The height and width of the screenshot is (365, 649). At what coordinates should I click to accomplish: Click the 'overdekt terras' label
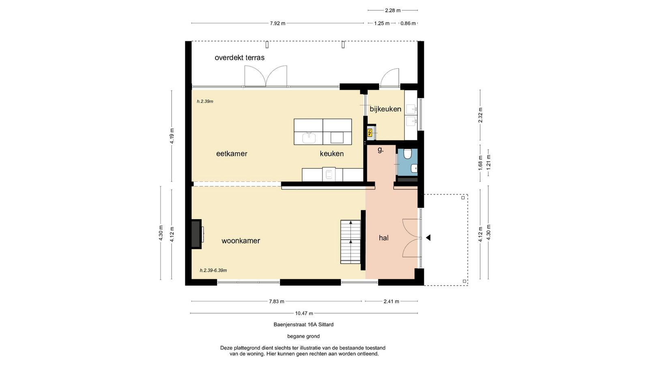pos(240,58)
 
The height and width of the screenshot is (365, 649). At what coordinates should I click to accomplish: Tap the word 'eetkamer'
pos(232,154)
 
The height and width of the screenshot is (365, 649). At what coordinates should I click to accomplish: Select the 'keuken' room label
pos(332,154)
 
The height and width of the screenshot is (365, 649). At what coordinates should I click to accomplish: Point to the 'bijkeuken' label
pos(385,109)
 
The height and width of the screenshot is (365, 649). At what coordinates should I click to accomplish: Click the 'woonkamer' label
pos(241,241)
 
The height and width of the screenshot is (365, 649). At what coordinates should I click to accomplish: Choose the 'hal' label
pos(384,238)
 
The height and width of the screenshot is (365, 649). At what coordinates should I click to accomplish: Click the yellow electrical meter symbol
pos(370,133)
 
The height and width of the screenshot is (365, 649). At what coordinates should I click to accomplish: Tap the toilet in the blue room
pos(407,154)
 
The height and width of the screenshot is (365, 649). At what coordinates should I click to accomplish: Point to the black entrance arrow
pos(428,238)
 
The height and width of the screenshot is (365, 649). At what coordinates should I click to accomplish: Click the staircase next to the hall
pos(350,242)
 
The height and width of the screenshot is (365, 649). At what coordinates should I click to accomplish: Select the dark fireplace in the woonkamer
pos(196,234)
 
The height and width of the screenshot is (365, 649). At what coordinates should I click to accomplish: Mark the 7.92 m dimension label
pos(277,23)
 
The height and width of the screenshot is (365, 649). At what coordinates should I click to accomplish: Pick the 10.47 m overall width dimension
pos(304,313)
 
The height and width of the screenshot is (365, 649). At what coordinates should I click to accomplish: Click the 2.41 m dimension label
pos(391,301)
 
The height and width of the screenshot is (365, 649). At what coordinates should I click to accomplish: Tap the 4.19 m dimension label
pos(172,136)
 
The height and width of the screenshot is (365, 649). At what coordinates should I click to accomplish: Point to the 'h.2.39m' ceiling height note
pos(205,101)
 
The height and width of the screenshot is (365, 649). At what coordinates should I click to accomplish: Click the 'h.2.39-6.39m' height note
pos(213,270)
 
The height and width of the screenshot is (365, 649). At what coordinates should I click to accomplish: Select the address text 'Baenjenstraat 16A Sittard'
pos(303,324)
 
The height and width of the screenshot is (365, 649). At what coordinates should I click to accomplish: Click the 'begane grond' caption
pos(303,336)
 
